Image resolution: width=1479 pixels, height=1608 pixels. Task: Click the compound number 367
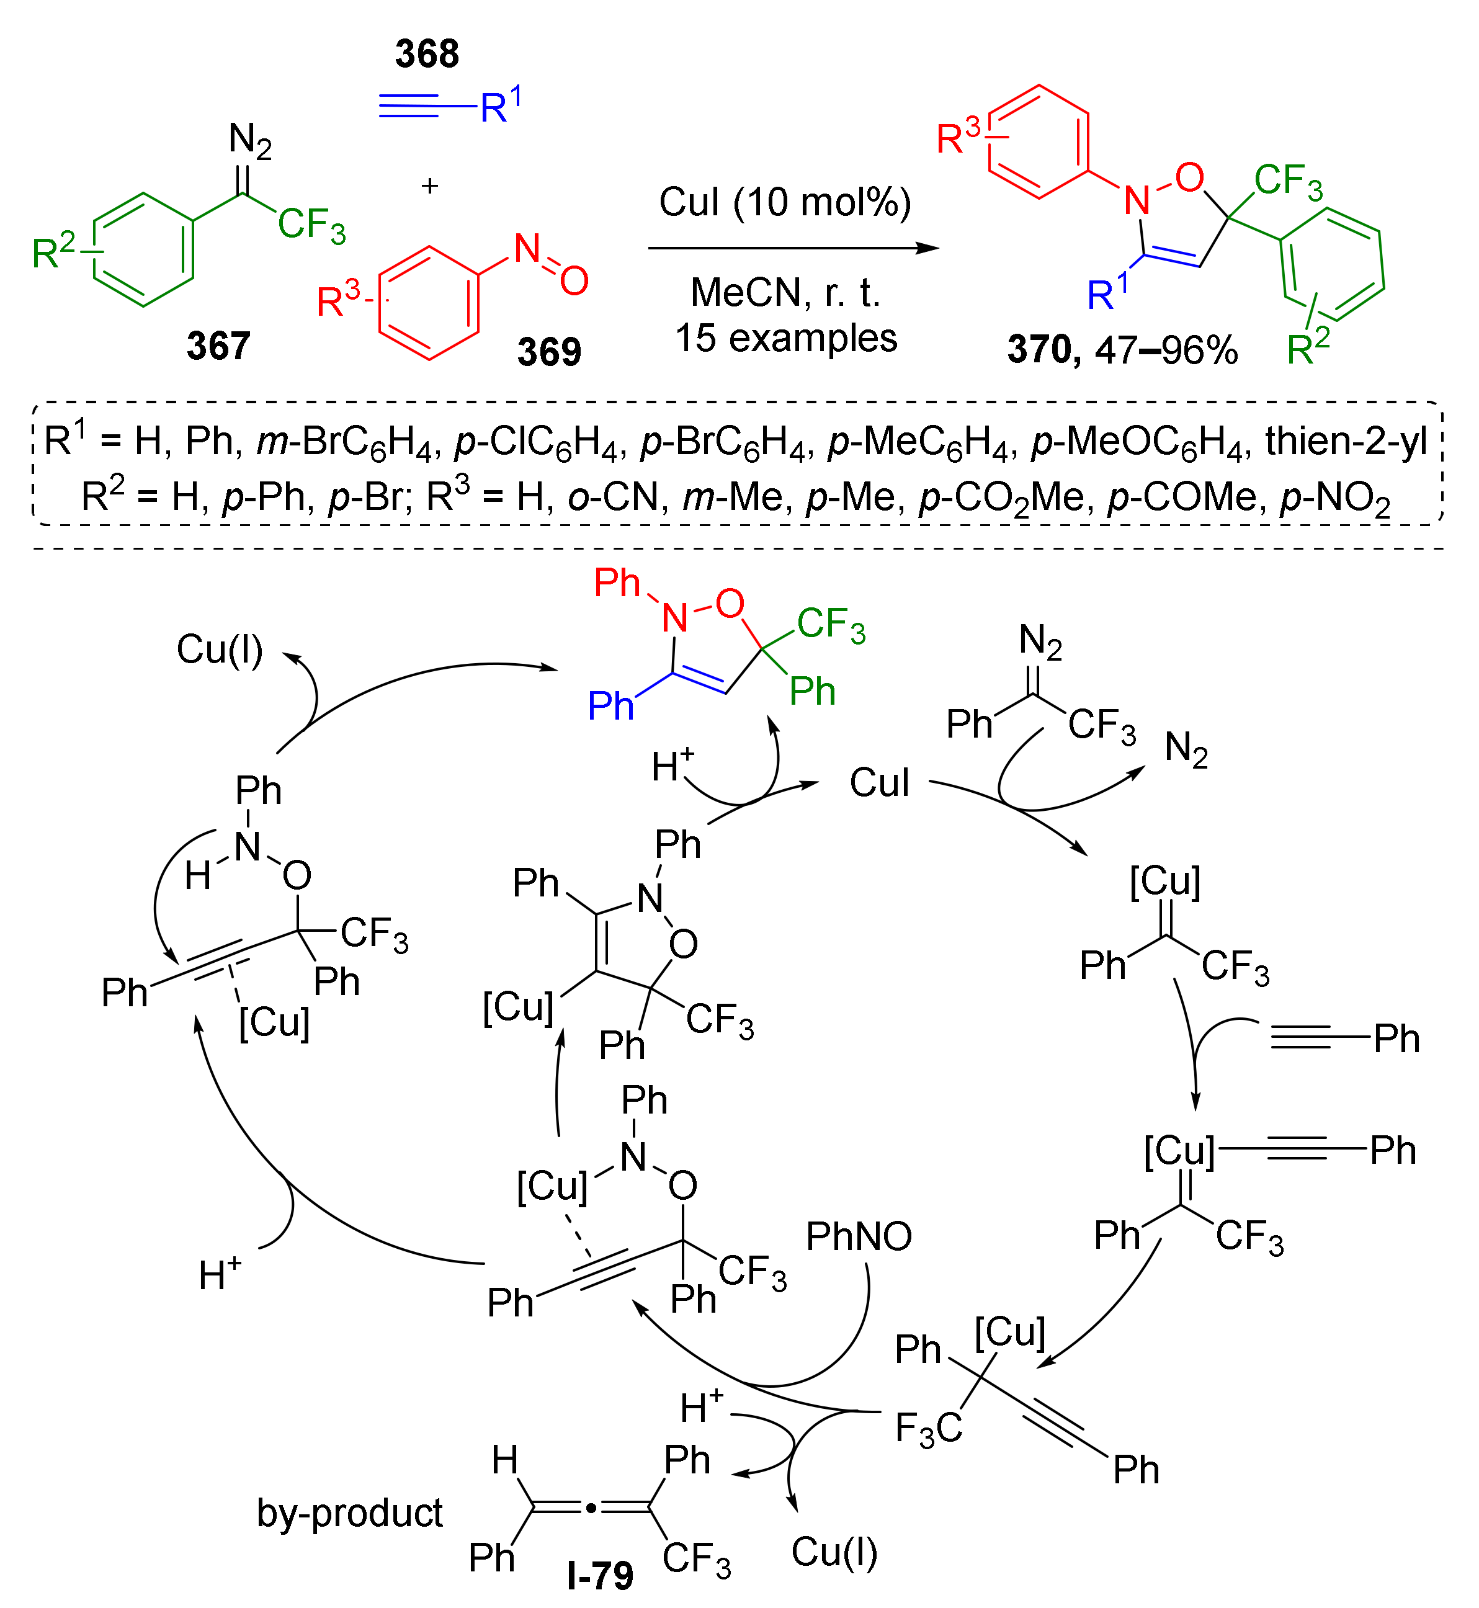click(x=218, y=346)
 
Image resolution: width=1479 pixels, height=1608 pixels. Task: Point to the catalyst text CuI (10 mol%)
click(x=784, y=202)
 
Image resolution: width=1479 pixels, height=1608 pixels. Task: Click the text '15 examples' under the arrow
click(x=786, y=337)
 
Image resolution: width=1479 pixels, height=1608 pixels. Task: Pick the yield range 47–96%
click(x=1166, y=350)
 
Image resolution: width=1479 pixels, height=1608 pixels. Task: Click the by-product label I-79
click(x=601, y=1575)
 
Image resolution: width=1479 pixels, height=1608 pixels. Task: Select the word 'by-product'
click(x=350, y=1512)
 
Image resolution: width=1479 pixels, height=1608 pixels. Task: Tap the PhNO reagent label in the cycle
click(x=859, y=1236)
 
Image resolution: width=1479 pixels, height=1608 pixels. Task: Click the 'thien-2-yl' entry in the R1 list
click(x=1346, y=441)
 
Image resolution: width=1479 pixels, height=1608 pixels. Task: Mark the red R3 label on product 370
click(x=957, y=137)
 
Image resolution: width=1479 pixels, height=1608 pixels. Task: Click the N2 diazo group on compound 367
click(x=249, y=141)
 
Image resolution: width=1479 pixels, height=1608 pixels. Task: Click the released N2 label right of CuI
click(x=1186, y=749)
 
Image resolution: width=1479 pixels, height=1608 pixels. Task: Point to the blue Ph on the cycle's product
click(x=610, y=706)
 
